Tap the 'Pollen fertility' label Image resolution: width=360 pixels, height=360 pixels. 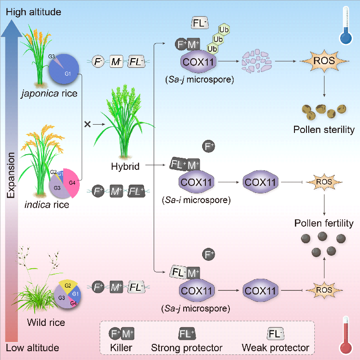click(324, 223)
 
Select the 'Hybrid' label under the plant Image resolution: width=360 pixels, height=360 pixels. click(125, 166)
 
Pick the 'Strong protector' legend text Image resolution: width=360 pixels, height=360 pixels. click(187, 347)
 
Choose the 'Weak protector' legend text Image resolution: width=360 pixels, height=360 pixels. click(276, 347)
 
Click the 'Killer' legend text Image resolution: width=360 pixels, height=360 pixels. click(121, 347)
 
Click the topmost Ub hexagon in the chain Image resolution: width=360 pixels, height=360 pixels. click(224, 30)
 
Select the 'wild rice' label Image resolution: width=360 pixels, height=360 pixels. click(46, 322)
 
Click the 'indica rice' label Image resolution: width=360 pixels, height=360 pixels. click(47, 204)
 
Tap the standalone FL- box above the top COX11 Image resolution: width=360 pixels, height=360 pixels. click(201, 23)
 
